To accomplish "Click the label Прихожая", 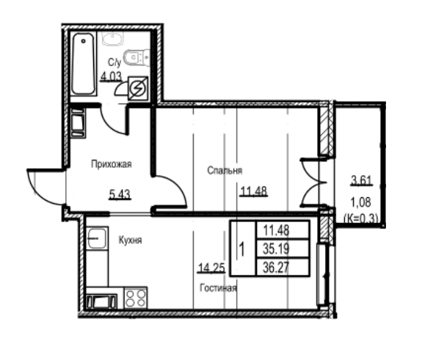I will click(111, 165).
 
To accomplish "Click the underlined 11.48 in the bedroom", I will click(252, 192).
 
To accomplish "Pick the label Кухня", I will click(129, 240).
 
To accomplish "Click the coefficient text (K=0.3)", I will click(360, 217).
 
